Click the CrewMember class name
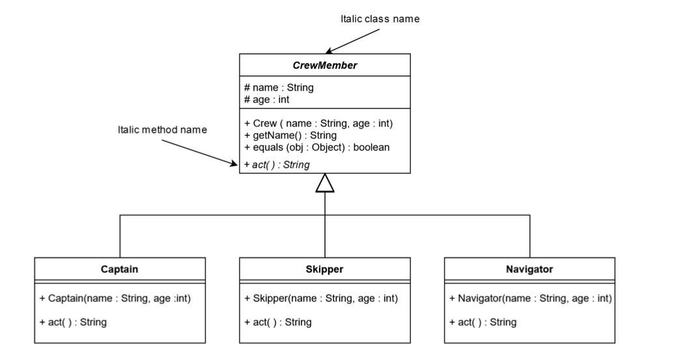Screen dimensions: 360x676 [325, 65]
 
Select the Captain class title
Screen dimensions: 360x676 [119, 268]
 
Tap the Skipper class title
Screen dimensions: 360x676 [324, 268]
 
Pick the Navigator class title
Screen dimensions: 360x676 [529, 268]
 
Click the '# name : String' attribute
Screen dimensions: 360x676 [279, 87]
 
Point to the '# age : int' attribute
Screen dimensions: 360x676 [266, 100]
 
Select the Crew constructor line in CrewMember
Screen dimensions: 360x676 [318, 123]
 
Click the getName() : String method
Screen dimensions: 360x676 [290, 135]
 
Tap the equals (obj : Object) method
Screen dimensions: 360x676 [317, 147]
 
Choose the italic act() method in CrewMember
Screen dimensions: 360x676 [277, 165]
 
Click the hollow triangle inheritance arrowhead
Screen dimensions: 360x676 [325, 184]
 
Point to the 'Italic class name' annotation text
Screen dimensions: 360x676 [380, 19]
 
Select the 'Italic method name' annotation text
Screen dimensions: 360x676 [162, 130]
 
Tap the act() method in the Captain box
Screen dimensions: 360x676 [73, 322]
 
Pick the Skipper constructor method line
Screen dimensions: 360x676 [321, 298]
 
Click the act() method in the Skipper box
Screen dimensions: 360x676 [278, 322]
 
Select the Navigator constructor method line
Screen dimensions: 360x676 [530, 298]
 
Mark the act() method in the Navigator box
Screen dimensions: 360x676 [483, 322]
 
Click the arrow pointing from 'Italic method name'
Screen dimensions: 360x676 [198, 153]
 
